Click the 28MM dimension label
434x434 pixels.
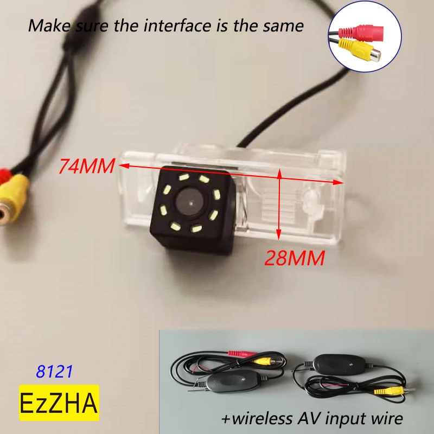pyautogui.click(x=295, y=258)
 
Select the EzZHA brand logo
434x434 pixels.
pyautogui.click(x=59, y=403)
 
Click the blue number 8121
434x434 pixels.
pyautogui.click(x=54, y=372)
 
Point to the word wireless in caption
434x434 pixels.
pyautogui.click(x=261, y=418)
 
